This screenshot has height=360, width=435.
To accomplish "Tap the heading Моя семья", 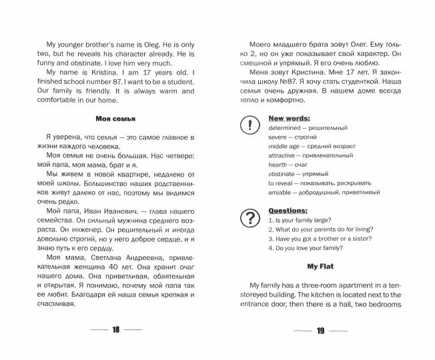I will [x=115, y=119].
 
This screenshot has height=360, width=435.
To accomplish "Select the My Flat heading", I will [x=320, y=267].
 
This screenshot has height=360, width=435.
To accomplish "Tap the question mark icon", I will [x=249, y=217].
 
